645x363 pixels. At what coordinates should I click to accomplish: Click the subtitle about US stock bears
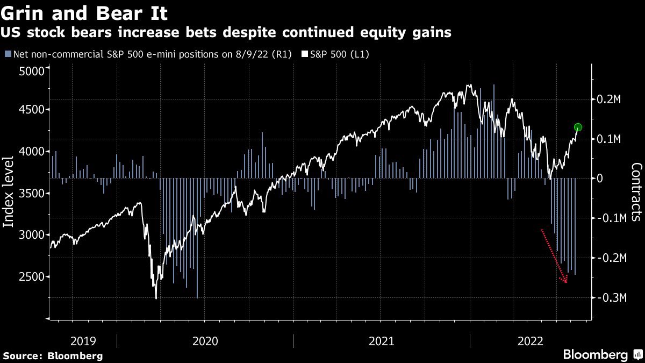(226, 33)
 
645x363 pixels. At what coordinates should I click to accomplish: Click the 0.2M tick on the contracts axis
(610, 99)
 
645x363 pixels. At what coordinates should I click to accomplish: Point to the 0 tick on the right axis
(601, 179)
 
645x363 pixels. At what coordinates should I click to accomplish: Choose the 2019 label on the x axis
(83, 341)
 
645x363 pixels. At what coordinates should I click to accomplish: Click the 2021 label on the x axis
(382, 341)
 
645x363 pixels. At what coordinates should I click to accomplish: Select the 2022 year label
(531, 341)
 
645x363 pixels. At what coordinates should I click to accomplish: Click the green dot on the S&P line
(578, 127)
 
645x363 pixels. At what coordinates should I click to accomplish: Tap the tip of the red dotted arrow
(566, 282)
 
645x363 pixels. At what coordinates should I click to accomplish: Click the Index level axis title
(9, 199)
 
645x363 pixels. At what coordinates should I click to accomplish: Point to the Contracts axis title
(636, 192)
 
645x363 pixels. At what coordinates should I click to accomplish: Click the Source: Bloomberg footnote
(53, 356)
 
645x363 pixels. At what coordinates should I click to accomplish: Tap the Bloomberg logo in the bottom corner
(602, 355)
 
